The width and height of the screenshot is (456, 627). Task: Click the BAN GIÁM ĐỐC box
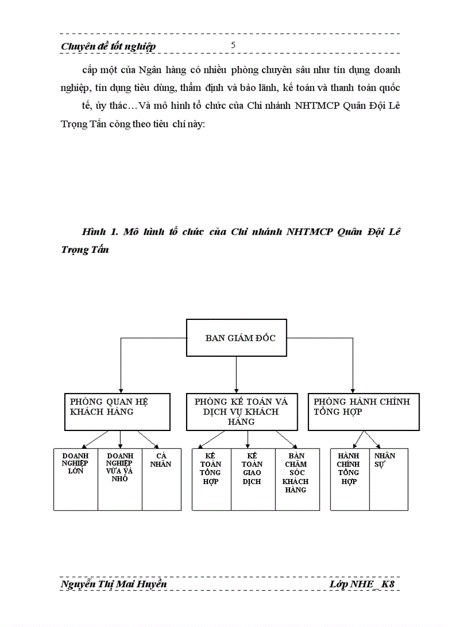point(236,338)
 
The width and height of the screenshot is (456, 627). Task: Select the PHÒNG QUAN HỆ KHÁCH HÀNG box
point(117,411)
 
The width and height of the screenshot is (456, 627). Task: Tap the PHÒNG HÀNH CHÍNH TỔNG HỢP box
point(364,411)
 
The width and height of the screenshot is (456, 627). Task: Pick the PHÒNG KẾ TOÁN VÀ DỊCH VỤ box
point(241,411)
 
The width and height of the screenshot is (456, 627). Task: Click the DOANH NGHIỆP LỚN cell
point(75,479)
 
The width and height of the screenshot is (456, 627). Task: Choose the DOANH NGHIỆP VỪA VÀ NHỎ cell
point(120,479)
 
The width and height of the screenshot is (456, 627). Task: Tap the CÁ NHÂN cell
point(161,479)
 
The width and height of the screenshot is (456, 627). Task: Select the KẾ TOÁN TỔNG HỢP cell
point(211,479)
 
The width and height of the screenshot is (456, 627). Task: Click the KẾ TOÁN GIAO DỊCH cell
point(253,479)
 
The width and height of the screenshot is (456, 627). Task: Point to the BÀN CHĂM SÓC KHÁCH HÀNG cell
point(297,479)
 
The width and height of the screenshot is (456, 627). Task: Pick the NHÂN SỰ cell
point(388,479)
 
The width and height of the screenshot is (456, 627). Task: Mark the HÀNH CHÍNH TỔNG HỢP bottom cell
point(349,479)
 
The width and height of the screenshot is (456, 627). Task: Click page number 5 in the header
point(233,45)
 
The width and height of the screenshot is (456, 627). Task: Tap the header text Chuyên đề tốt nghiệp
point(108,47)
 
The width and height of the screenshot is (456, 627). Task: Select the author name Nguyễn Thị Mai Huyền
point(113,584)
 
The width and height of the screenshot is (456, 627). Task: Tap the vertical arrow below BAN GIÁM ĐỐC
point(236,374)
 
